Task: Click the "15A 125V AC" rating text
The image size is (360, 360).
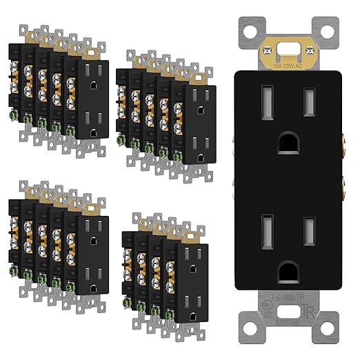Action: pos(289,66)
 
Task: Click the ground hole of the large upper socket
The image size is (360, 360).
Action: pos(289,141)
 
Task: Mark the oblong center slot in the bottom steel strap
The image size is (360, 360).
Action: pos(289,330)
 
